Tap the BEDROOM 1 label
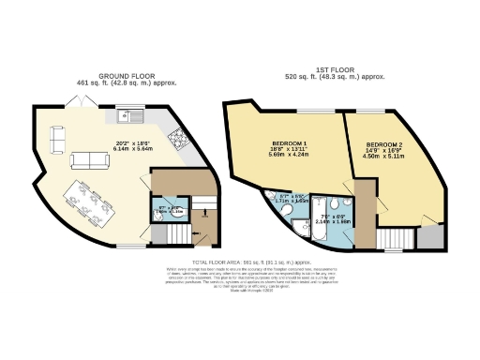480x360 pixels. (279, 144)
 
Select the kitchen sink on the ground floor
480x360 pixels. (129, 116)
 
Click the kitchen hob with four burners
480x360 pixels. (175, 141)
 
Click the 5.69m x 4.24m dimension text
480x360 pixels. (279, 158)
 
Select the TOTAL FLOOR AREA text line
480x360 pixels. (239, 262)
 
